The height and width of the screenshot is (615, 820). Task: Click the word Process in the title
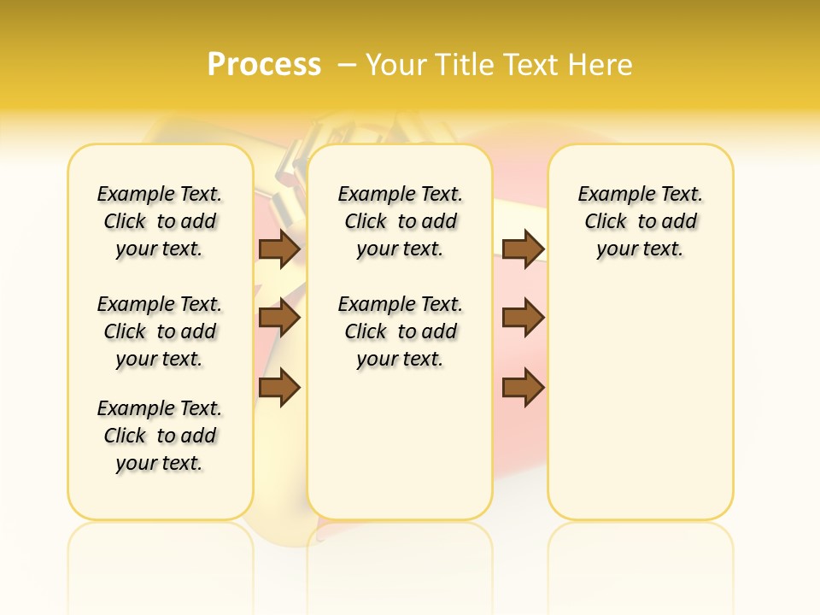point(264,64)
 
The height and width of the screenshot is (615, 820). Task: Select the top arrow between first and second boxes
point(279,249)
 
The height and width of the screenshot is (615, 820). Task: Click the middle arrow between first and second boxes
point(279,318)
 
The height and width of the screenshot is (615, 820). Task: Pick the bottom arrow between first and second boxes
point(279,388)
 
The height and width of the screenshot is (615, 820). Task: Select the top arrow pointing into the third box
point(524,249)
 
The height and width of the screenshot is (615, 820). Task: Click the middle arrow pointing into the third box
point(524,318)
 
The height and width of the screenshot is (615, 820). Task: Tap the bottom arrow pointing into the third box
point(524,388)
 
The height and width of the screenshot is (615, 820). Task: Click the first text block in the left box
point(160,221)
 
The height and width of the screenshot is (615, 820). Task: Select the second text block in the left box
point(160,331)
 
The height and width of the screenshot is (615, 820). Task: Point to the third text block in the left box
point(160,436)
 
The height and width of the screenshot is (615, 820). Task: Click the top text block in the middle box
point(401,221)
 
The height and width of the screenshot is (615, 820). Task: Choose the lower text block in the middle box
point(401,331)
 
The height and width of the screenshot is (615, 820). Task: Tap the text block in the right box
point(641,221)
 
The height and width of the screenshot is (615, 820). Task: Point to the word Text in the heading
point(530,64)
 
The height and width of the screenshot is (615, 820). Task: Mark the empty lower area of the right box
point(641,401)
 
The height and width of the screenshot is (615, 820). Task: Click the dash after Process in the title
point(348,64)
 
